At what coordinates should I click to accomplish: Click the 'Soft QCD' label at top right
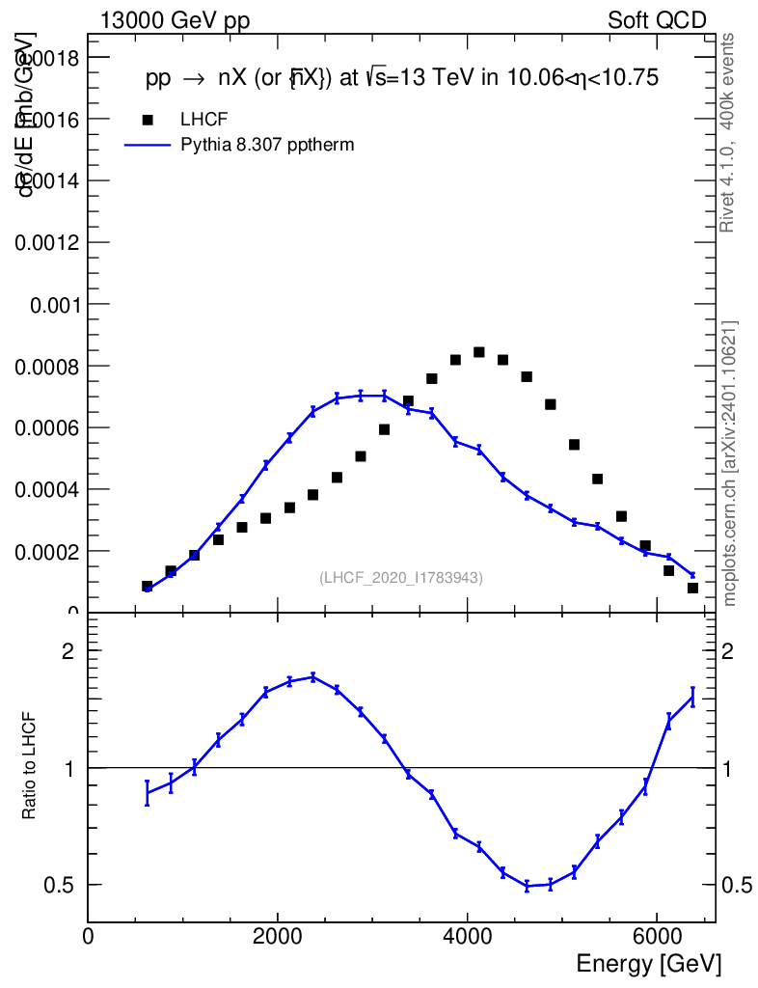click(x=657, y=20)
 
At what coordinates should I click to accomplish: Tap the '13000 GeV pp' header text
click(x=175, y=20)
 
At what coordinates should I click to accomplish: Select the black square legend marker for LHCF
click(x=148, y=120)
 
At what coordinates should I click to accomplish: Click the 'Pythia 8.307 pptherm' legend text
click(x=267, y=146)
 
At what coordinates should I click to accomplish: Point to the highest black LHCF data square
click(x=478, y=352)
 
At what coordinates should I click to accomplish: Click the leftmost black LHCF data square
click(x=148, y=586)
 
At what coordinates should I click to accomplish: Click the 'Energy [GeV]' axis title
click(x=648, y=963)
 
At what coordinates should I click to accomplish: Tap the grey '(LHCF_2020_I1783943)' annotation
click(x=401, y=577)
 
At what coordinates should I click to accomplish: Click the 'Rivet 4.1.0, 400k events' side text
click(x=728, y=132)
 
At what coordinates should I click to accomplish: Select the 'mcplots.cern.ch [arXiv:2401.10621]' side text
click(x=730, y=463)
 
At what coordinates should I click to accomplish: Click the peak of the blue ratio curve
click(x=312, y=676)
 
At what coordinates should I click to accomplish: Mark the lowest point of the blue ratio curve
click(x=528, y=886)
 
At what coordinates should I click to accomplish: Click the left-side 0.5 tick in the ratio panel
click(x=65, y=885)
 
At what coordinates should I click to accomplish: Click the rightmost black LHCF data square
click(x=692, y=588)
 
